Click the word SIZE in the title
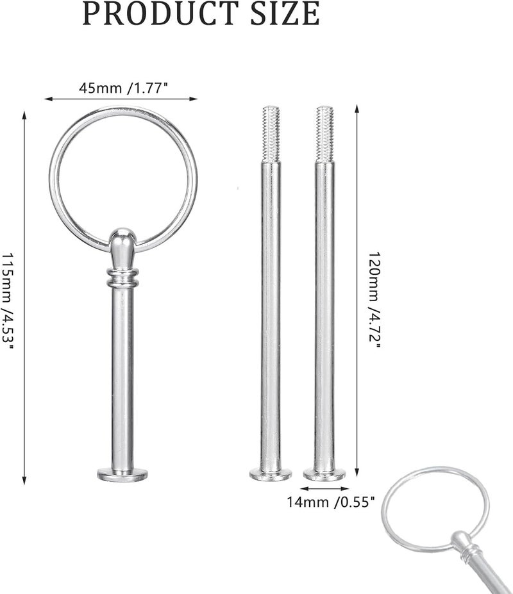(x=285, y=13)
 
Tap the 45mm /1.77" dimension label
(x=123, y=88)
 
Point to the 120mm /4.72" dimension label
(x=374, y=301)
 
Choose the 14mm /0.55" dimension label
(x=331, y=502)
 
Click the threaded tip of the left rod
(x=271, y=133)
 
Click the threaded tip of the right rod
(x=325, y=133)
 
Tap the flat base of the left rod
(x=271, y=474)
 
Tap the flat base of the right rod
(x=324, y=474)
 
